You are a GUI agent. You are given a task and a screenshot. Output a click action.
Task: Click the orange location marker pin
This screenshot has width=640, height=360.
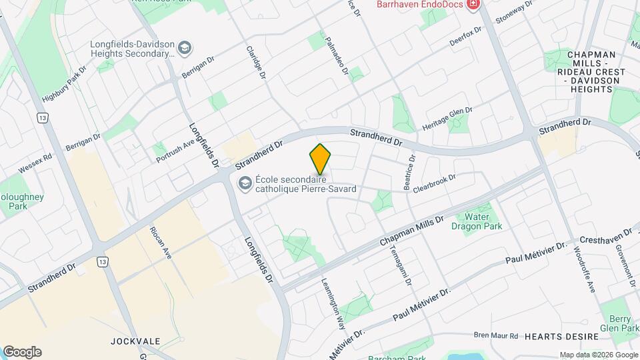(x=321, y=159)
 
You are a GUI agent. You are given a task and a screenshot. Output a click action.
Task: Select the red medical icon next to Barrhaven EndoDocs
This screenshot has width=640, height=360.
(x=474, y=4)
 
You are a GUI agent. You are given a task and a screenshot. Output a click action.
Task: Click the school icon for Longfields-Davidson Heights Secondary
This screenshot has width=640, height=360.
(x=185, y=48)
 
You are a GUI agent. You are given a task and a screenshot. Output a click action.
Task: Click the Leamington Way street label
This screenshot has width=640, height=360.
(x=333, y=304)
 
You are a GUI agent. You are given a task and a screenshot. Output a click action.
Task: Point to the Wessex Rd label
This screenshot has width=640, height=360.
(x=35, y=164)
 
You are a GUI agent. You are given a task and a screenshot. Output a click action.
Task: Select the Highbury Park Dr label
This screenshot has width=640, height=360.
(x=65, y=84)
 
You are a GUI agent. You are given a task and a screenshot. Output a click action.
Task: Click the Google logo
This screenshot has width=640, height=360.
(x=22, y=352)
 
